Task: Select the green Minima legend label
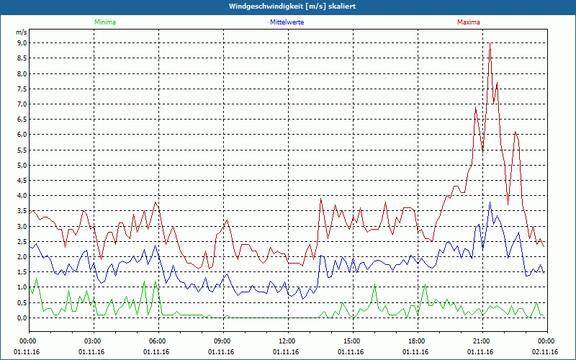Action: [x=104, y=22]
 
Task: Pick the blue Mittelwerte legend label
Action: [x=287, y=22]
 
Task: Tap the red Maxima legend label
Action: [x=468, y=22]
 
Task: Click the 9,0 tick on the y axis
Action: [x=22, y=43]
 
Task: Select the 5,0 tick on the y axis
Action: [x=22, y=165]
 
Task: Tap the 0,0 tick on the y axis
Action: [x=22, y=318]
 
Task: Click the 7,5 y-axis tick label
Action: [x=22, y=89]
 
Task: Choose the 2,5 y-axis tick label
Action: [x=22, y=241]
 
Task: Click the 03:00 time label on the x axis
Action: [x=93, y=341]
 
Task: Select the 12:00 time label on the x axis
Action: [x=287, y=341]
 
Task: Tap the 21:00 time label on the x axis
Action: [x=481, y=341]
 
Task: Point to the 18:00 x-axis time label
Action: [x=416, y=341]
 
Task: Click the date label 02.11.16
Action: [x=545, y=352]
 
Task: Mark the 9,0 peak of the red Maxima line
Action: [x=490, y=43]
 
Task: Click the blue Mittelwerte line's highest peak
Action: [x=490, y=202]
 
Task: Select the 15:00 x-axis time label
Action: [x=351, y=341]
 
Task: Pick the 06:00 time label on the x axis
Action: [x=157, y=341]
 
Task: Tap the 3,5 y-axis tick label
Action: [x=22, y=211]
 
